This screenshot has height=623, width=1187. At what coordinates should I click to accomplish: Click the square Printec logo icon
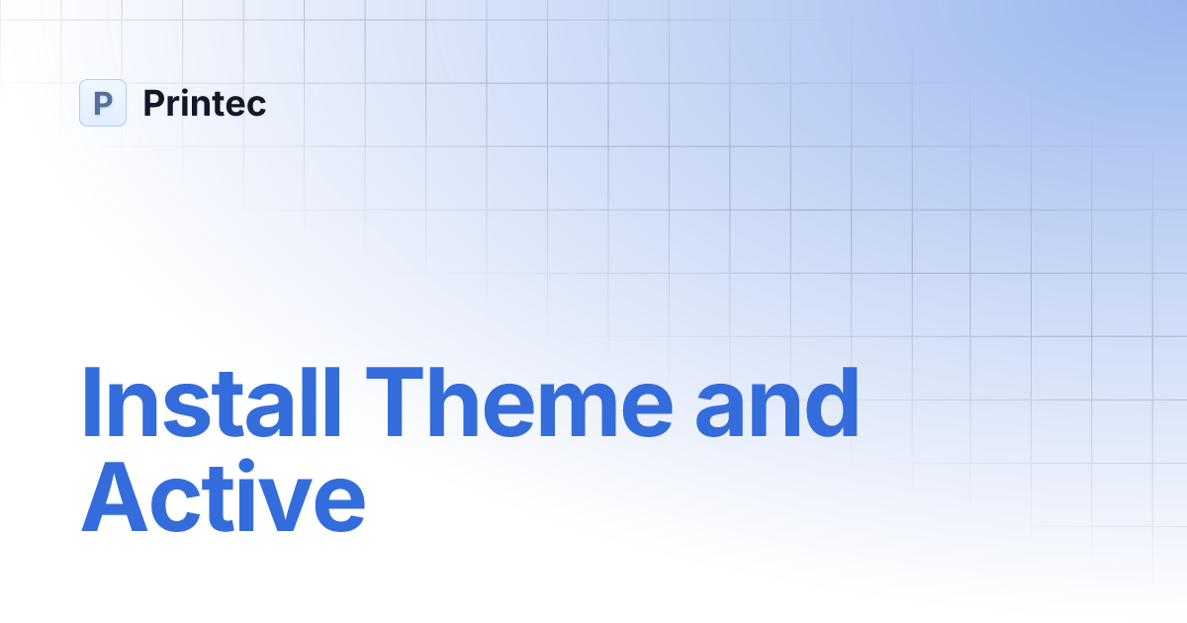[103, 103]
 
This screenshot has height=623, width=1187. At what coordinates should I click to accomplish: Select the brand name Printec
[205, 103]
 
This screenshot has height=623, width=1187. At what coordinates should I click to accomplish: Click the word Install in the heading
[210, 402]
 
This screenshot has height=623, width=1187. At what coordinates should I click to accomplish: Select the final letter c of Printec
[257, 106]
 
